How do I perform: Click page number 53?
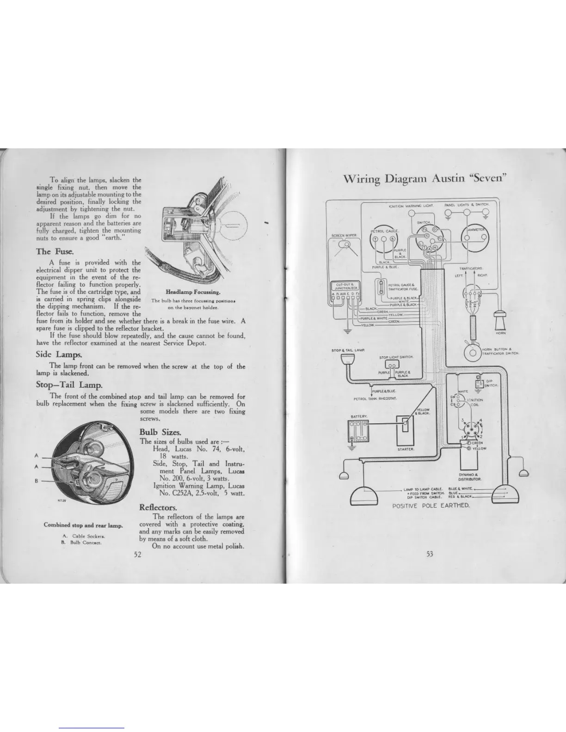coord(430,554)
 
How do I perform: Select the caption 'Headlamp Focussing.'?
coord(193,292)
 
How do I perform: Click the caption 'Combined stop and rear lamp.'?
coord(83,525)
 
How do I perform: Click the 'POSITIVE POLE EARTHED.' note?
coord(431,506)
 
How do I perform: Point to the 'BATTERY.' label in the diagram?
coord(359,416)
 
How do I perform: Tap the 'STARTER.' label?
coord(406,449)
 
